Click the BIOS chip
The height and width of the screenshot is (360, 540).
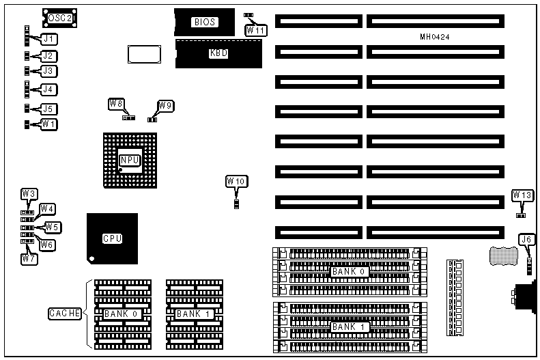(204, 22)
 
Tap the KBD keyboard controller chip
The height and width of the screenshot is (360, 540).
(218, 53)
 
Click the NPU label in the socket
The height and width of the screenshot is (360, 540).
(129, 160)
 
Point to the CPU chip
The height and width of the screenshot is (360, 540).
(112, 238)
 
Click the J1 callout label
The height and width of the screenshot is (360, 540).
(48, 39)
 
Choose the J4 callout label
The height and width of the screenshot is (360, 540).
(48, 89)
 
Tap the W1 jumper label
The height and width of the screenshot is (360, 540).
(48, 124)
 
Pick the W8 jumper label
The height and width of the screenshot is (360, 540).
(116, 104)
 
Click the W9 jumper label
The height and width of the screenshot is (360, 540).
(165, 105)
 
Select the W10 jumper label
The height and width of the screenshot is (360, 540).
(236, 181)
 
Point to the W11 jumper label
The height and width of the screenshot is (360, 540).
(256, 30)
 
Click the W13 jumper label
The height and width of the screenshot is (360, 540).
(522, 196)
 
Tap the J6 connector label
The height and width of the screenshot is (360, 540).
(526, 239)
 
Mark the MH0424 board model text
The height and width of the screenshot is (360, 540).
(434, 36)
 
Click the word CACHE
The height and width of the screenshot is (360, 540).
(65, 314)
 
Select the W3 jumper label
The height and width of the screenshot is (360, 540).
(29, 194)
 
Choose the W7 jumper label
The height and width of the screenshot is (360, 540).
(29, 259)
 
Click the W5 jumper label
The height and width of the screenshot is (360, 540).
(53, 227)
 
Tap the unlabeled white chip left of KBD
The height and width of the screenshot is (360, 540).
(143, 55)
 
